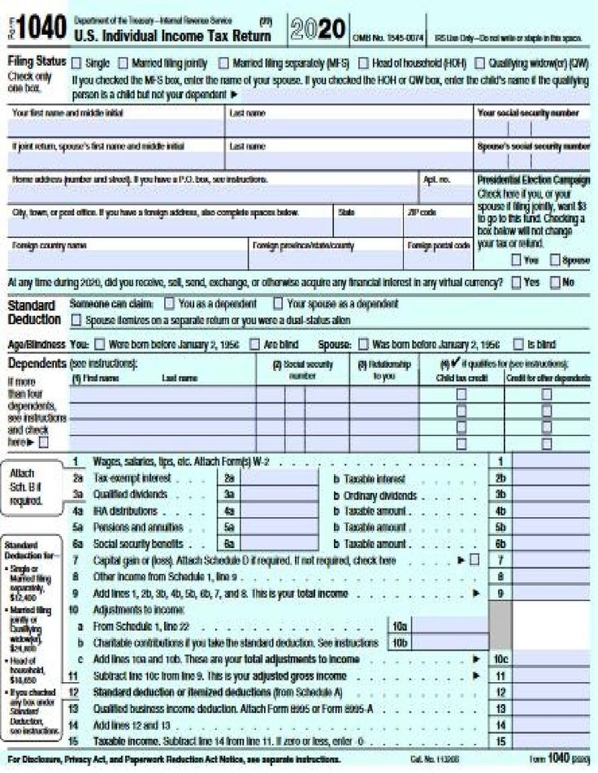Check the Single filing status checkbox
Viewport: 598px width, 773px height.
[76, 63]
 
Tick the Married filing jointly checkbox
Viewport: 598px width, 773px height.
[123, 63]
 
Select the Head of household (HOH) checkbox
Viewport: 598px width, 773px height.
[363, 63]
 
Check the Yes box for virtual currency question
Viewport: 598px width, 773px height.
[516, 283]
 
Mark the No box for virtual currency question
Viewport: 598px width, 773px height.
[555, 283]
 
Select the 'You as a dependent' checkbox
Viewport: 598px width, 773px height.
[169, 304]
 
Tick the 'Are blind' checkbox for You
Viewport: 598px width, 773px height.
[254, 343]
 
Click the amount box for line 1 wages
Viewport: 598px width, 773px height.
[550, 461]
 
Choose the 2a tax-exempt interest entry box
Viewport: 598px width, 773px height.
[279, 478]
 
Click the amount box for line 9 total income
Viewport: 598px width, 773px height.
[550, 594]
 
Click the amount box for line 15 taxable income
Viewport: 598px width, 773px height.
[550, 741]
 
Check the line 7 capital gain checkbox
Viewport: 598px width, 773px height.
[474, 560]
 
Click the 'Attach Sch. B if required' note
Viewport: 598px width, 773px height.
[28, 486]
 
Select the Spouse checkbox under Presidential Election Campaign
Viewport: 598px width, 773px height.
[555, 260]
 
